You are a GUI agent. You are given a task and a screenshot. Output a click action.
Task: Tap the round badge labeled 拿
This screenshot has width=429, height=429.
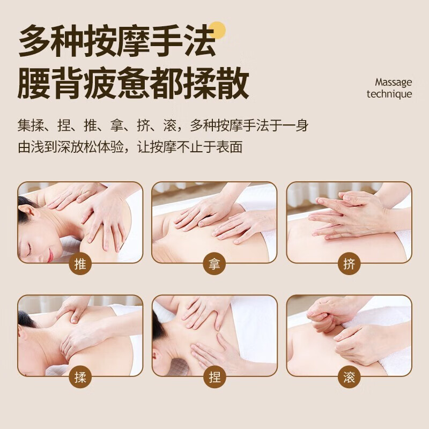214,264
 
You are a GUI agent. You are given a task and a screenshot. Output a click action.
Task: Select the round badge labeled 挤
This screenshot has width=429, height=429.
349,264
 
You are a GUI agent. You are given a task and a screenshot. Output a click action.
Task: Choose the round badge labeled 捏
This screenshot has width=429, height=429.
214,377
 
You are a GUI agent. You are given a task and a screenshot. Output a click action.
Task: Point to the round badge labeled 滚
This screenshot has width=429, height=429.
349,377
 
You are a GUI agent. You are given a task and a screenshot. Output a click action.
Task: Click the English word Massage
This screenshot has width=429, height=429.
393,82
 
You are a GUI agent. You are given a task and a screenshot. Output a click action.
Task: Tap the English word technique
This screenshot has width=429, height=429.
389,94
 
